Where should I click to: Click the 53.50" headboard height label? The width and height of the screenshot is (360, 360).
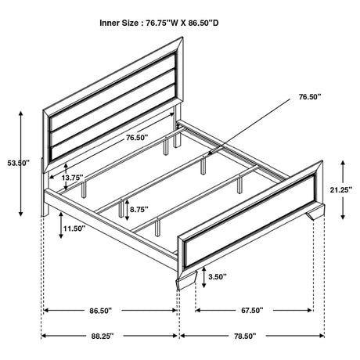(18, 164)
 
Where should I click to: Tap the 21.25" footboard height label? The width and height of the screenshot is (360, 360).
(341, 189)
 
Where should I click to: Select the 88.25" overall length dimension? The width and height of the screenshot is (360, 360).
(103, 336)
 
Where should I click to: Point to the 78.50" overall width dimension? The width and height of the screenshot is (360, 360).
(245, 336)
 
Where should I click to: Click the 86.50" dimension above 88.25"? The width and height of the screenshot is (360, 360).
(101, 311)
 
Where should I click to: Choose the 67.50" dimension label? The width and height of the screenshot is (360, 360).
(252, 311)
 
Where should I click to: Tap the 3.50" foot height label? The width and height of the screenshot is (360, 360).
(218, 276)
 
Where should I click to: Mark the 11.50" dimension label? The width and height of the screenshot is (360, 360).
(74, 229)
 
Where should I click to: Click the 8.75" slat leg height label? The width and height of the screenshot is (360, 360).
(139, 209)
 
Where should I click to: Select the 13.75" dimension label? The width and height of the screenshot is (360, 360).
(73, 178)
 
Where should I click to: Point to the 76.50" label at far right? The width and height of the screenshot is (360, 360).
(310, 97)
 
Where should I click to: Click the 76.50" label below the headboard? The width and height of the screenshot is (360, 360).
(137, 138)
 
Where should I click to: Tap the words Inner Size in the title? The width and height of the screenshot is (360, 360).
(119, 23)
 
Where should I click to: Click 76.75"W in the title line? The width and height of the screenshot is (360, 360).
(161, 23)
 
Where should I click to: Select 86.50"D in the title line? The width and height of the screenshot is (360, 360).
(203, 23)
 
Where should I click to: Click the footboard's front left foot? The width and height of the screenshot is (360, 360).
(187, 281)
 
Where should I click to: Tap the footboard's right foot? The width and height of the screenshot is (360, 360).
(315, 212)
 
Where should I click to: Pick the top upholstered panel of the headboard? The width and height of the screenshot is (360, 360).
(113, 84)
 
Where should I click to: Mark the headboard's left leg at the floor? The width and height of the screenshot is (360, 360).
(45, 212)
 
